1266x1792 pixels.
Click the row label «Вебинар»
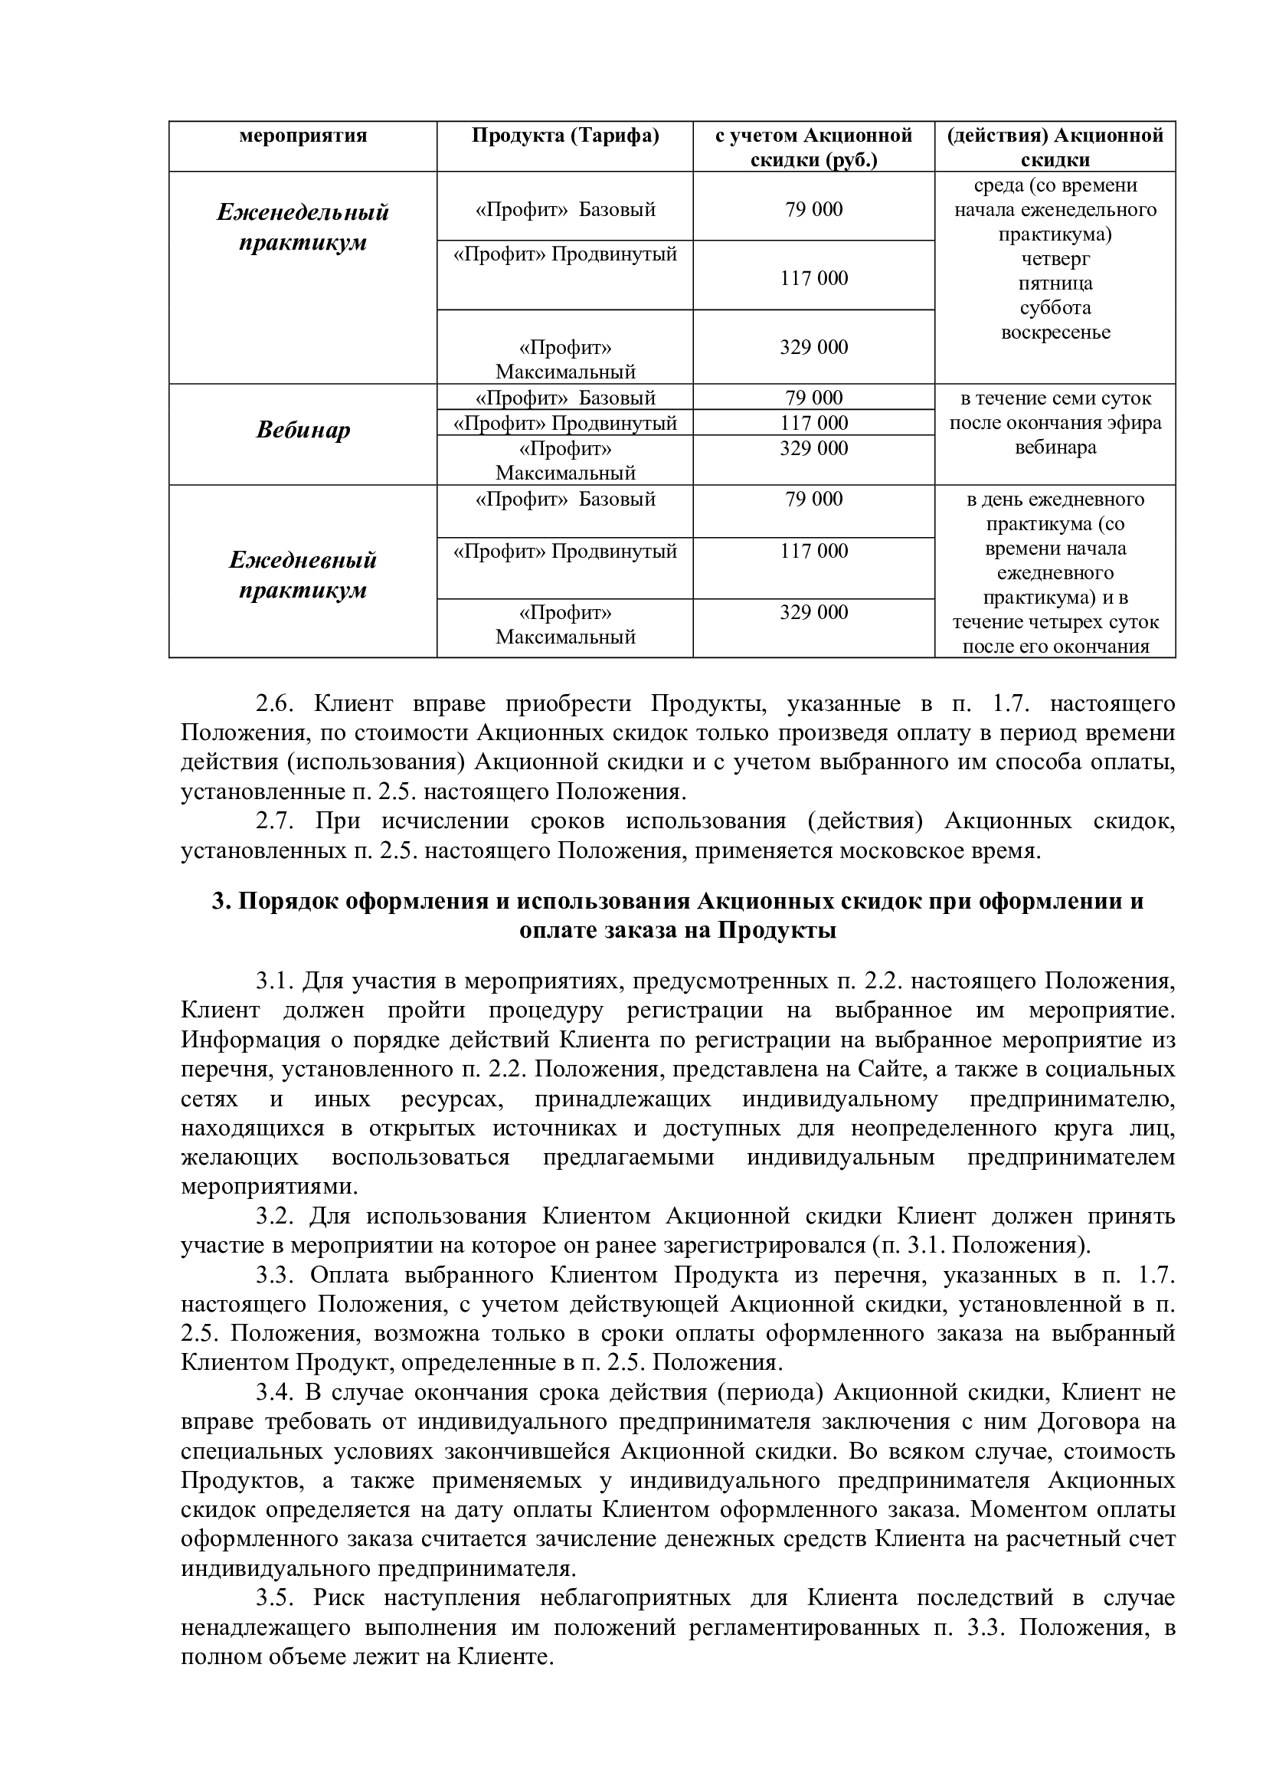pyautogui.click(x=303, y=430)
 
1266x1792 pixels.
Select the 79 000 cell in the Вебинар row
pyautogui.click(x=813, y=398)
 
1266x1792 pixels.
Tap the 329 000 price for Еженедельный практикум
pyautogui.click(x=813, y=346)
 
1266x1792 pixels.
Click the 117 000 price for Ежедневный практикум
pyautogui.click(x=813, y=551)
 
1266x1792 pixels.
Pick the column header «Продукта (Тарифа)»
pyautogui.click(x=564, y=136)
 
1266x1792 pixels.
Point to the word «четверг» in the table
pyautogui.click(x=1055, y=258)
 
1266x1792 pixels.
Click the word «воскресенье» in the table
pyautogui.click(x=1055, y=333)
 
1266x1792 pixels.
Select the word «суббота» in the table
pyautogui.click(x=1055, y=307)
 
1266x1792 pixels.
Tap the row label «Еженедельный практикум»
pyautogui.click(x=303, y=227)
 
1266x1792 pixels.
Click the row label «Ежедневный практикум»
pyautogui.click(x=303, y=575)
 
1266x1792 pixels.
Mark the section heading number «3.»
pyautogui.click(x=221, y=902)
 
